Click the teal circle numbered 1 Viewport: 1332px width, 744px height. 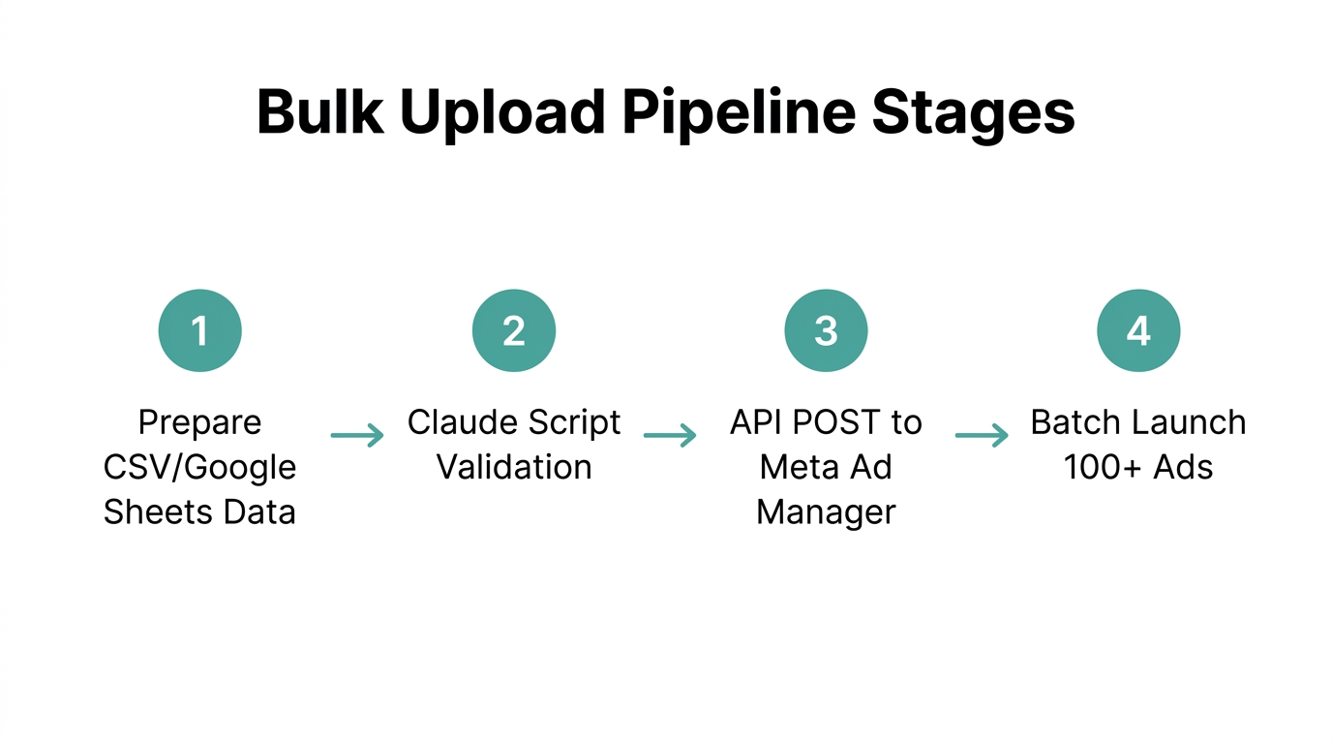click(199, 330)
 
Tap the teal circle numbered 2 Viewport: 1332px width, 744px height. click(513, 330)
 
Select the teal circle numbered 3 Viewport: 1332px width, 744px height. click(826, 330)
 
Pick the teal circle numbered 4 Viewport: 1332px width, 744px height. click(1138, 330)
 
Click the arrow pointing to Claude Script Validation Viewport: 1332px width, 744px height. click(357, 436)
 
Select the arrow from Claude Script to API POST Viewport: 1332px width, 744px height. click(670, 436)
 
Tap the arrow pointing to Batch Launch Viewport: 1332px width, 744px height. click(983, 436)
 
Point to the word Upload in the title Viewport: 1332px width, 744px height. click(501, 114)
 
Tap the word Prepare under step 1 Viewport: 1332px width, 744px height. click(199, 423)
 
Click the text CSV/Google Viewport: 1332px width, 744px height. click(199, 468)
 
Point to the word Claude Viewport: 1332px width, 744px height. click(453, 423)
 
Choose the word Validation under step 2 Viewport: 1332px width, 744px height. click(513, 468)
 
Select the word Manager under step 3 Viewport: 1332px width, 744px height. click(826, 512)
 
